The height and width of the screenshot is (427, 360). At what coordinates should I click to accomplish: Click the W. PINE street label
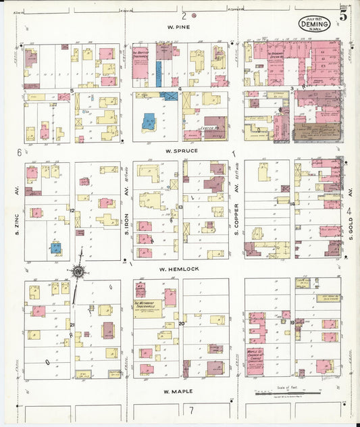point(180,28)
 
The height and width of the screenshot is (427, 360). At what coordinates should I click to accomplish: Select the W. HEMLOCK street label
point(180,268)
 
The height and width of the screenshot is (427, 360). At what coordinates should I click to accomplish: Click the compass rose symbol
point(78,272)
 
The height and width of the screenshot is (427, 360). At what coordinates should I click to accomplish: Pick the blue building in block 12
point(55,248)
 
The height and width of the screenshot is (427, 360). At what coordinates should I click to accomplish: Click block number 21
point(71,325)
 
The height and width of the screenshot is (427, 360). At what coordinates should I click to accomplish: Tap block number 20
point(181,324)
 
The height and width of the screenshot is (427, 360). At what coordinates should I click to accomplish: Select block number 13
point(181,207)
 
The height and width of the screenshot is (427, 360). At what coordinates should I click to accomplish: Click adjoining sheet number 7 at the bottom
point(191,410)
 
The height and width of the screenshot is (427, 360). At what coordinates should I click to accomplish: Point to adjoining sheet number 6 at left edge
point(19,153)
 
